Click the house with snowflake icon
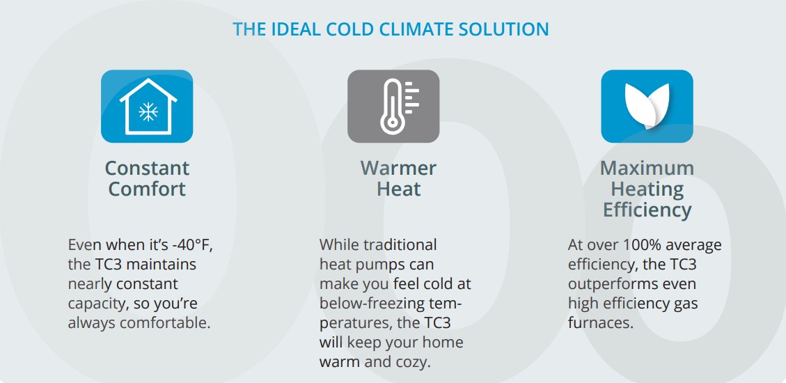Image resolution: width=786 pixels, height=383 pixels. pyautogui.click(x=147, y=107)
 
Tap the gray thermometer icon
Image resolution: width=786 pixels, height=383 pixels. pyautogui.click(x=393, y=107)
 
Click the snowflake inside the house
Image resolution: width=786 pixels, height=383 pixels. pyautogui.click(x=148, y=112)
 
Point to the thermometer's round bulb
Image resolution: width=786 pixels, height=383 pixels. pyautogui.click(x=390, y=123)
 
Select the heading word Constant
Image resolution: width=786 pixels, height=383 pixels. pyautogui.click(x=148, y=168)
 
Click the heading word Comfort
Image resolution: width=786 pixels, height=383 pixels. pyautogui.click(x=148, y=189)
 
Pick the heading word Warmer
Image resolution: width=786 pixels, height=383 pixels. pyautogui.click(x=398, y=168)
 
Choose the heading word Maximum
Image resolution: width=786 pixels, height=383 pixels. pyautogui.click(x=647, y=168)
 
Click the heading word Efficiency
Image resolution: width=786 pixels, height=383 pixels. pyautogui.click(x=647, y=210)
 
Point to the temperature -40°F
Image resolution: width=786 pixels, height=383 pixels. pyautogui.click(x=193, y=245)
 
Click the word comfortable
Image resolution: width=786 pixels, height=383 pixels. pyautogui.click(x=164, y=323)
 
